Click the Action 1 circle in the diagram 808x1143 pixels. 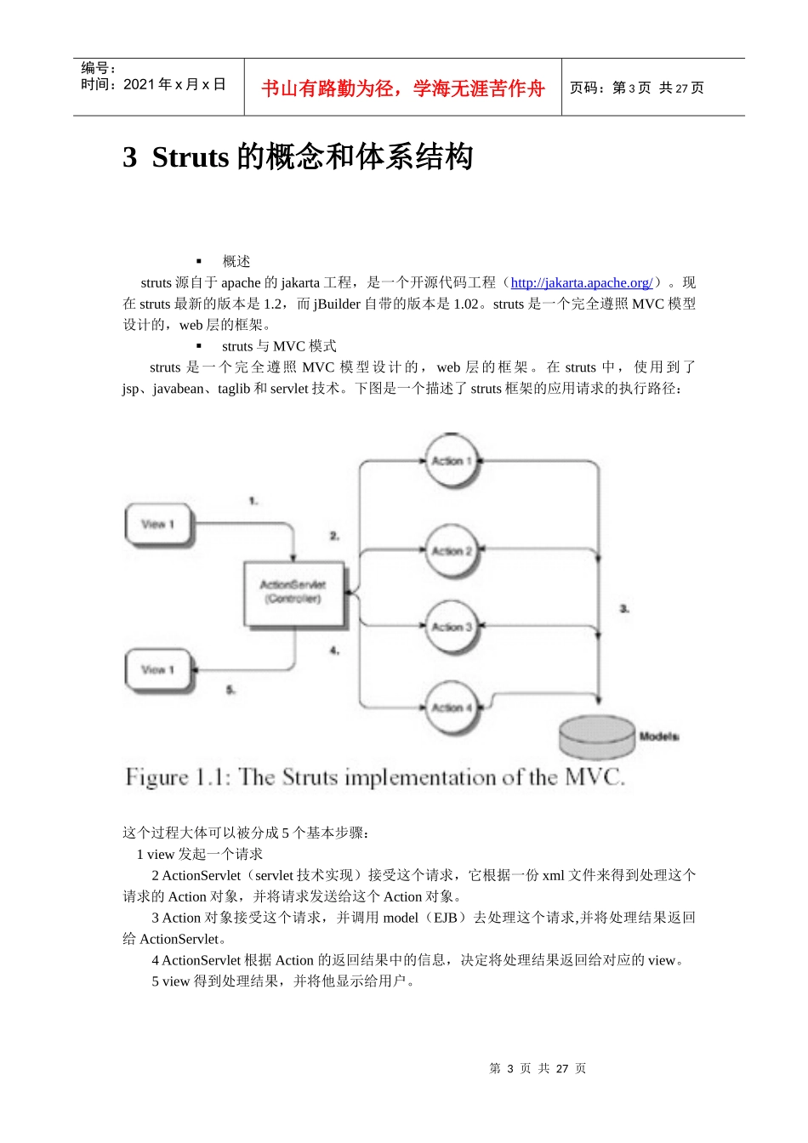(x=452, y=461)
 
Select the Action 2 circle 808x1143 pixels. (x=452, y=551)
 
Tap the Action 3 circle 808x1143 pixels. (x=452, y=627)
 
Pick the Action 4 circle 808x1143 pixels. (x=452, y=707)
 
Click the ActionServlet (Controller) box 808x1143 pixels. (x=293, y=593)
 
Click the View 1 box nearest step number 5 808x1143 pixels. (x=158, y=670)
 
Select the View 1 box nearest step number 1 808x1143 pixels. (x=158, y=525)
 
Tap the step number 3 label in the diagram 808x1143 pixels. (x=624, y=609)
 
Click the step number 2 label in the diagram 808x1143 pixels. (x=334, y=536)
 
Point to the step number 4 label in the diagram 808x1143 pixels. (x=334, y=651)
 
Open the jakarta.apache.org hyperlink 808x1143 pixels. (x=581, y=283)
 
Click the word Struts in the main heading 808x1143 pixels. (x=191, y=157)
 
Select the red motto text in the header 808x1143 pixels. (x=402, y=88)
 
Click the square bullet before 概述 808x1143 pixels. (x=199, y=261)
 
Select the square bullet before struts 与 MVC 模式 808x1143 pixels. (x=199, y=346)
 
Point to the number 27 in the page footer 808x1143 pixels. (x=562, y=1069)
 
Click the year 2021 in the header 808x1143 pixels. (x=139, y=84)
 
